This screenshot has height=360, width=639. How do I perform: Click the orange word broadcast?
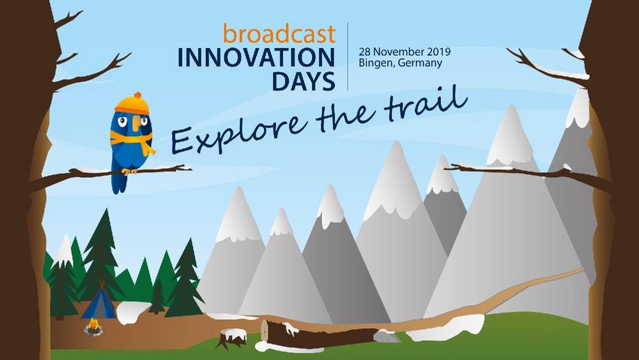[279, 33]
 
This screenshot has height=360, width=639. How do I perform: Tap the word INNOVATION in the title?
[256, 58]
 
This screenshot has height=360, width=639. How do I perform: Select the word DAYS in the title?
[303, 81]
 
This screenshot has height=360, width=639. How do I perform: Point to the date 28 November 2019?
[404, 52]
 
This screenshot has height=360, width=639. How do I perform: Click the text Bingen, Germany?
[400, 63]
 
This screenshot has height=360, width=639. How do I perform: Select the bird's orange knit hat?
[132, 103]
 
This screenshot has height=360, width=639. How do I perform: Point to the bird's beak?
[136, 121]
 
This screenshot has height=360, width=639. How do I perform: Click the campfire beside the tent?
[93, 327]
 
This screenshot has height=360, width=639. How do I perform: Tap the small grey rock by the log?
[387, 336]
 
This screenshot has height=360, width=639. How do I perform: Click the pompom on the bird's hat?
[138, 95]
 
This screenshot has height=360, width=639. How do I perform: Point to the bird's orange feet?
[129, 171]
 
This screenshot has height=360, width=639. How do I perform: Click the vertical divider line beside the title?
[348, 56]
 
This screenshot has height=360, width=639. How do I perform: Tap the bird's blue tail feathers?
[119, 182]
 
